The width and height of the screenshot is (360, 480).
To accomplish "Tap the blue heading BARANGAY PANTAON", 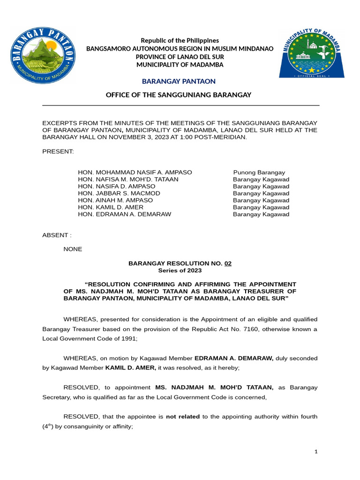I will (x=180, y=82).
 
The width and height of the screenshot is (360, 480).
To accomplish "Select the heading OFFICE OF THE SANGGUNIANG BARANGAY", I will (x=180, y=95).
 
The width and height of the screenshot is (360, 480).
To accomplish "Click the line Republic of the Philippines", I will (x=180, y=41).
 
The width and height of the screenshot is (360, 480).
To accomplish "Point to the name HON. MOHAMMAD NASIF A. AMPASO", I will (x=135, y=172).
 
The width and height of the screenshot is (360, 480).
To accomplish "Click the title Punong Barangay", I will (x=259, y=172).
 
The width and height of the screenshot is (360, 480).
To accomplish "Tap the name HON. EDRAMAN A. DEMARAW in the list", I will (x=125, y=214).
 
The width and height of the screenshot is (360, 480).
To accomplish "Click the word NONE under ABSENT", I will (x=73, y=249).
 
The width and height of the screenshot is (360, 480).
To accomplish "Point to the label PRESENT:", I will (x=58, y=151).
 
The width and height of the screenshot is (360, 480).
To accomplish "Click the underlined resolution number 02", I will (x=228, y=263).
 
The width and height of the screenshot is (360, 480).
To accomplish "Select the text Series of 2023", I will (x=180, y=270).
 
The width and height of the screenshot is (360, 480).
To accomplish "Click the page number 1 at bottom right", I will (x=316, y=451).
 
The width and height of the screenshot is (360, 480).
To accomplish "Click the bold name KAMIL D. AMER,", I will (x=131, y=368).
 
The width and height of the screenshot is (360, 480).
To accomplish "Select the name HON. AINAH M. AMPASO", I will (x=115, y=200).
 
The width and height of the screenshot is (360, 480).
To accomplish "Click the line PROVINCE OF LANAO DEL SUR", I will (x=180, y=57).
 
